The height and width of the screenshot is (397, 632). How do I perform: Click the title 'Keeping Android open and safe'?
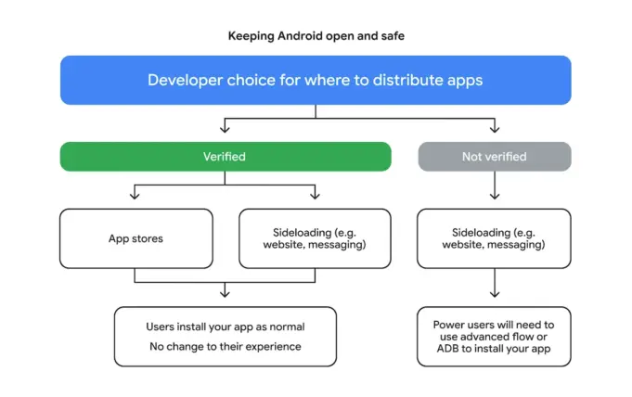[316, 36]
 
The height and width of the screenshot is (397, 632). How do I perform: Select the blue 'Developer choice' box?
[316, 80]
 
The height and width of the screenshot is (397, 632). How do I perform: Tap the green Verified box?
[224, 157]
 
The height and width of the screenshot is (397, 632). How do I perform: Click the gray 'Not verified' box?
[494, 157]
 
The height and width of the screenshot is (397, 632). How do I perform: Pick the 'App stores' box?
[135, 238]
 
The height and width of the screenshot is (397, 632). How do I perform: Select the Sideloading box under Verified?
[315, 238]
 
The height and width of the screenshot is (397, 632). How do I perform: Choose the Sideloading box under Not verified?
[494, 238]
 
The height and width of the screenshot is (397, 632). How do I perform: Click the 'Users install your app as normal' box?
[225, 337]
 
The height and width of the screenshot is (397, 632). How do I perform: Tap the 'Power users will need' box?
[494, 337]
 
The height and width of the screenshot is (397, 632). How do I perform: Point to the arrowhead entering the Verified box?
[225, 130]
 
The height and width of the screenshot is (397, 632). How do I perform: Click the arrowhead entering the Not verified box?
[494, 130]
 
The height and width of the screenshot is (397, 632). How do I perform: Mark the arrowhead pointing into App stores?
[135, 196]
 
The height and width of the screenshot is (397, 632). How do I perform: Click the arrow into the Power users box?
[494, 287]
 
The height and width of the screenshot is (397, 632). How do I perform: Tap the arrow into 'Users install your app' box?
[225, 294]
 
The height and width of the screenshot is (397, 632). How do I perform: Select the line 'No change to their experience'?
[225, 347]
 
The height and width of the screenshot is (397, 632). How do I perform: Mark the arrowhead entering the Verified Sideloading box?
[315, 196]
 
